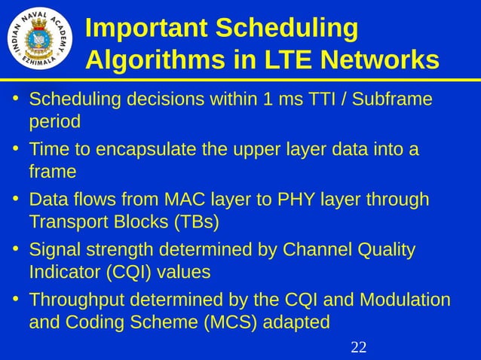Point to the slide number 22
click(x=359, y=347)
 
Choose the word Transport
click(x=69, y=222)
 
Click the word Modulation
click(x=405, y=301)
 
